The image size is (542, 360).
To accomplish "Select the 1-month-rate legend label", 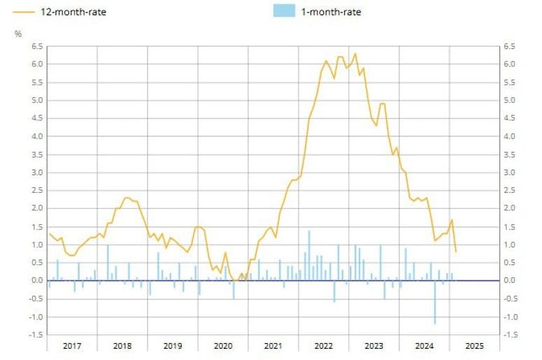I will (x=331, y=12).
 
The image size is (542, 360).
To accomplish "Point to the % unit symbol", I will (x=19, y=34).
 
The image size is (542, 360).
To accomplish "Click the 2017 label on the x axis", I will (x=72, y=345).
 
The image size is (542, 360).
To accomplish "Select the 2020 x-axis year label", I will (x=222, y=345).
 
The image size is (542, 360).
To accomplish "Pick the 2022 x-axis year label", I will (x=323, y=345).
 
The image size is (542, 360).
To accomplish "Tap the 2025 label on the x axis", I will (x=473, y=345).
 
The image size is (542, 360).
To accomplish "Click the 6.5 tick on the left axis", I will (x=36, y=46).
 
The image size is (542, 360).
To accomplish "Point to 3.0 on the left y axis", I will (x=36, y=172).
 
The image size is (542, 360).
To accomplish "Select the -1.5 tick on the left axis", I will (x=34, y=334).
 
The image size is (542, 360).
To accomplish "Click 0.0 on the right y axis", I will (x=509, y=280).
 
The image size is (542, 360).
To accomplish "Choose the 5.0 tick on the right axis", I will (x=509, y=100).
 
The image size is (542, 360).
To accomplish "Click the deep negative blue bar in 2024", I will (x=435, y=302).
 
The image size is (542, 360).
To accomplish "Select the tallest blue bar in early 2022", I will (x=309, y=255).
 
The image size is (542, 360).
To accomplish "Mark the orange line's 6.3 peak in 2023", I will (x=355, y=54).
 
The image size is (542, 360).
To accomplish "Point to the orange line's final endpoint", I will (x=456, y=252).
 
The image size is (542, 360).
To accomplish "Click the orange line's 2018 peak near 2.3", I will (x=125, y=198).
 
